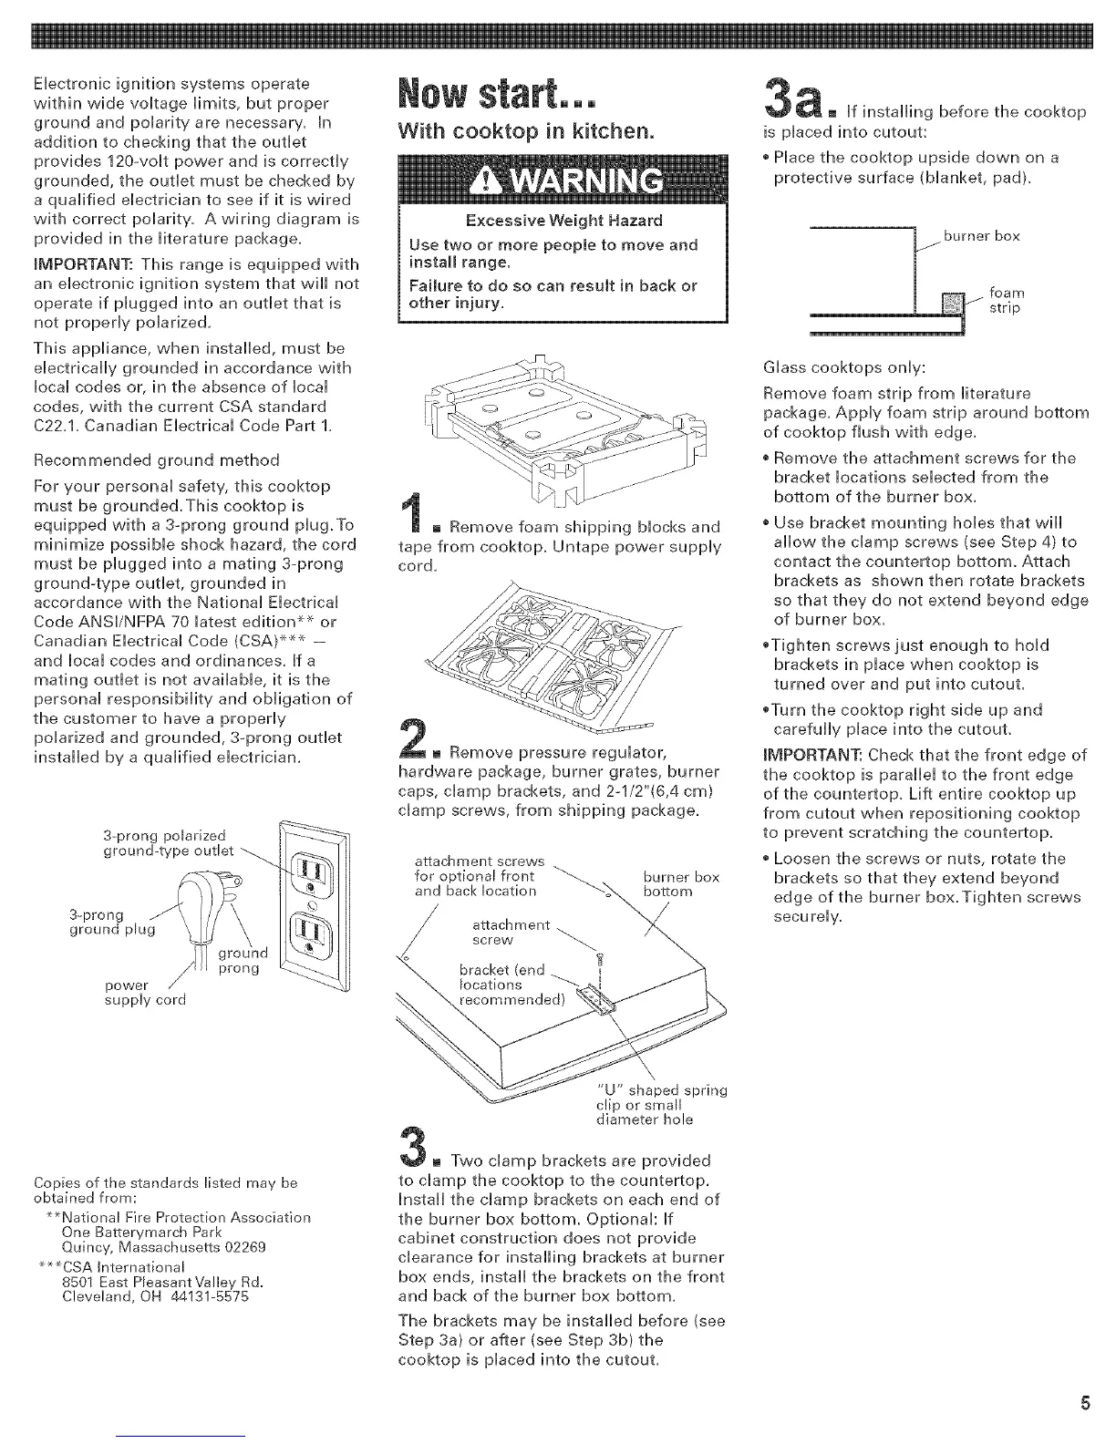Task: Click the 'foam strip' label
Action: tap(1007, 301)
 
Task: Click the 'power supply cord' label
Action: tap(145, 992)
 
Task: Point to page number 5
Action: tap(1085, 1403)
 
